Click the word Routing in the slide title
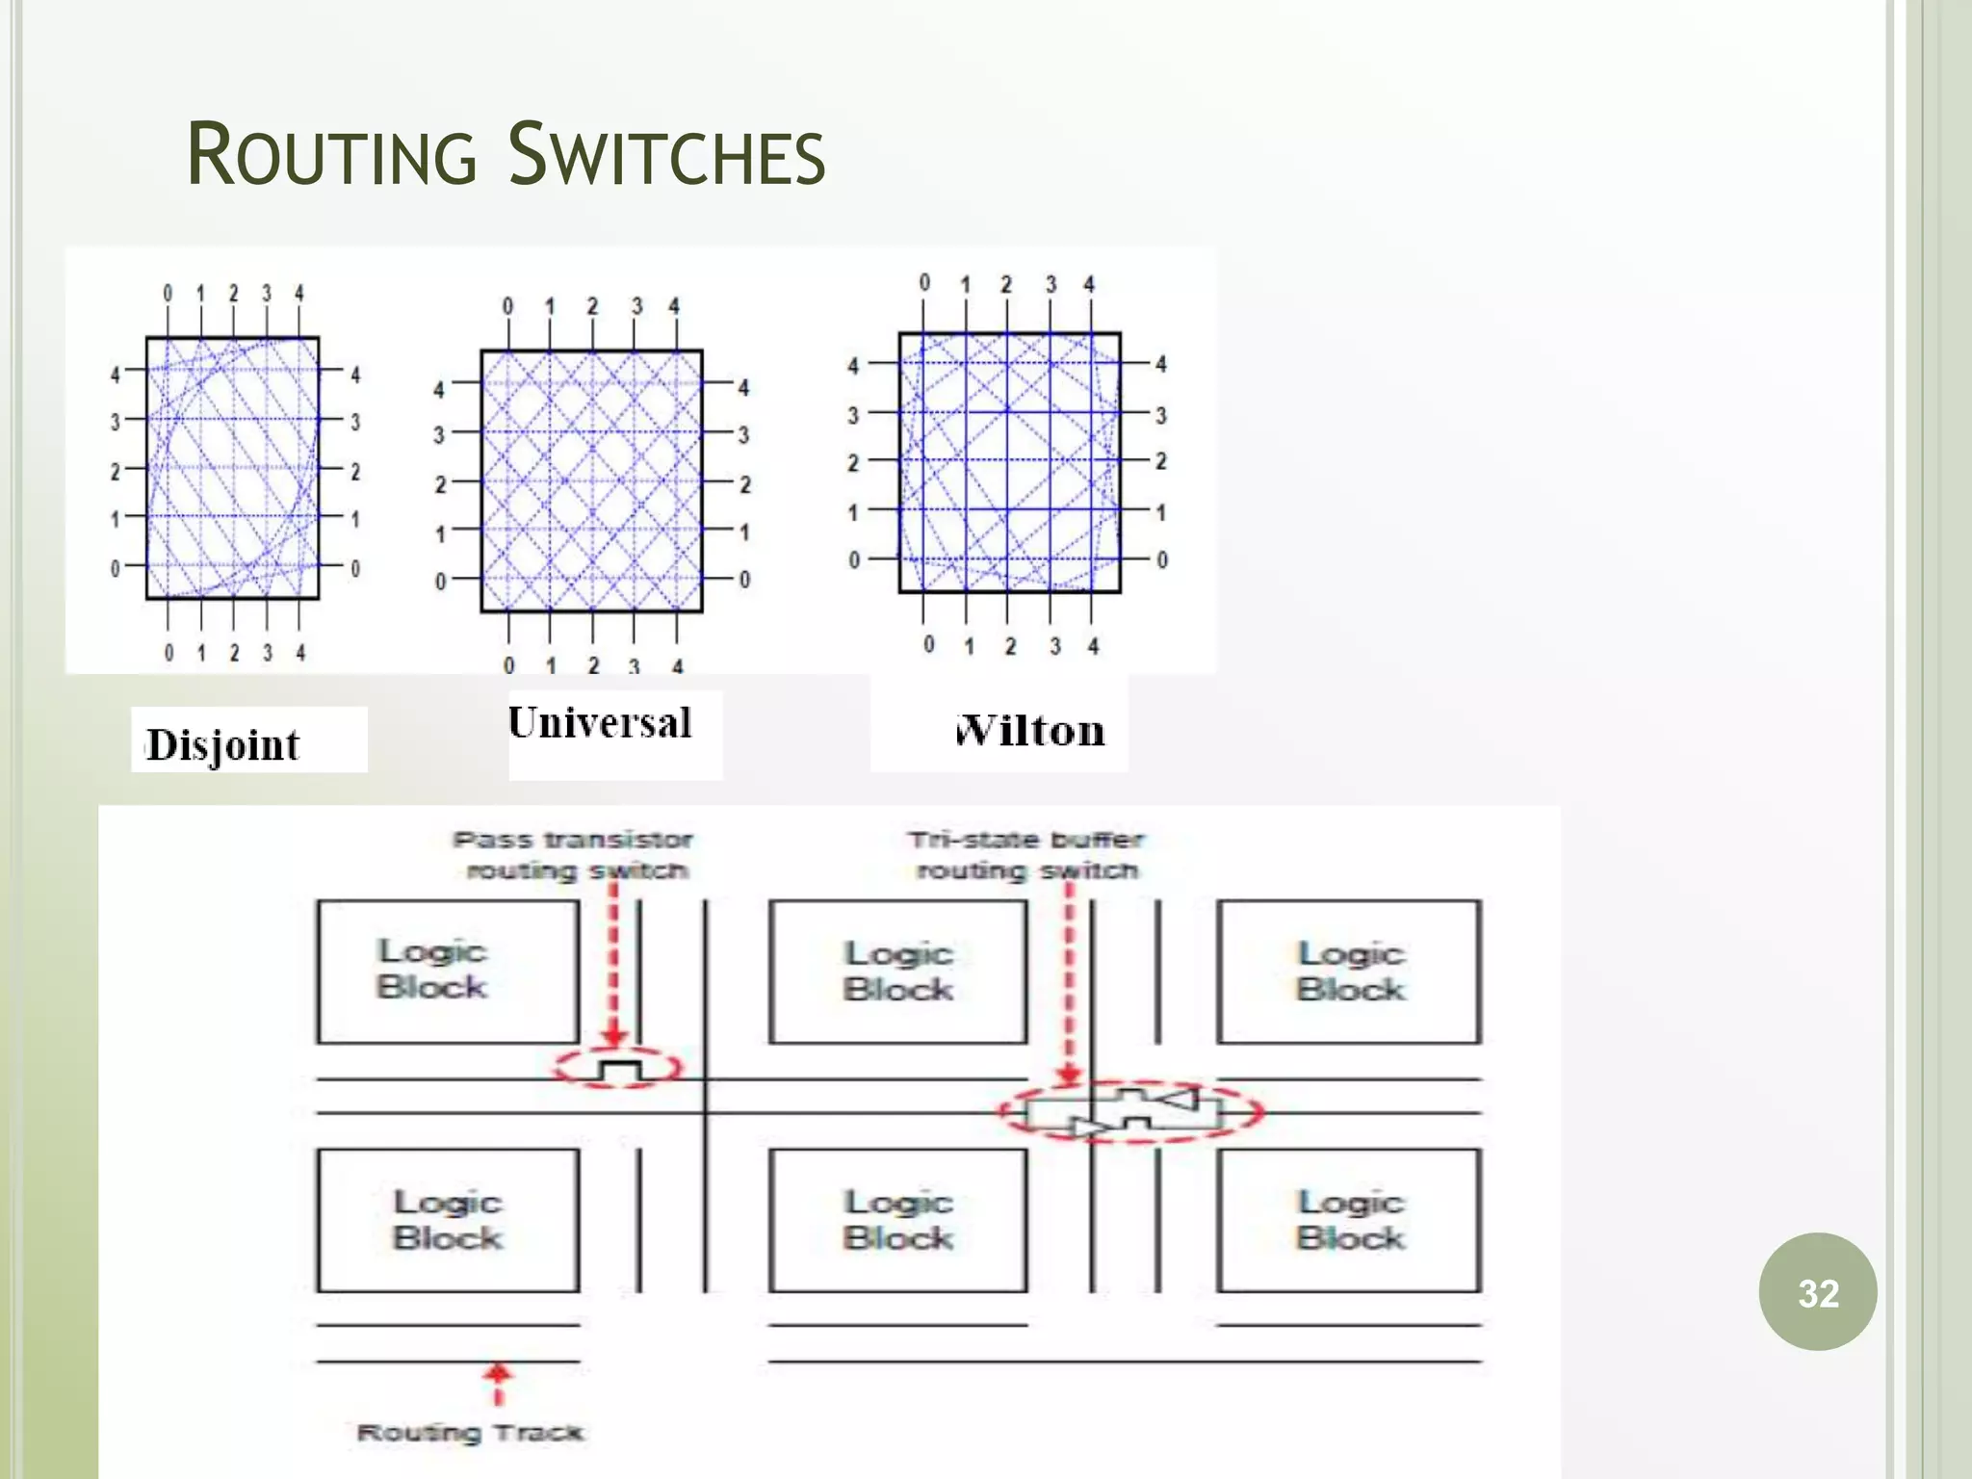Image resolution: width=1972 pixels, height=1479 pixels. click(331, 155)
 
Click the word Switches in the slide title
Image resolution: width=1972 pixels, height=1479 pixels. click(666, 155)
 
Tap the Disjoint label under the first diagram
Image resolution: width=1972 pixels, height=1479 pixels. click(223, 744)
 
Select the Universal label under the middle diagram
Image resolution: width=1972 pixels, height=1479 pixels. click(600, 723)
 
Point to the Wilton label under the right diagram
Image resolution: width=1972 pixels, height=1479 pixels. click(1029, 731)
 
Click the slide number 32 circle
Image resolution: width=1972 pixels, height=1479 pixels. click(1817, 1292)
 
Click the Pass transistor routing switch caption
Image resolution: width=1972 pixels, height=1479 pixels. click(575, 855)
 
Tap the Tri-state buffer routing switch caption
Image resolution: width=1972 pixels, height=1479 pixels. click(1026, 855)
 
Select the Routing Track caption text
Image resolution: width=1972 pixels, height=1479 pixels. click(470, 1433)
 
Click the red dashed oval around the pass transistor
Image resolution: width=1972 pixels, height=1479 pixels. click(617, 1068)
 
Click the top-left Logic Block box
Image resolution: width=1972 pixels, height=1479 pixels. click(448, 971)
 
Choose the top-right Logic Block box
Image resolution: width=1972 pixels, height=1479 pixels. click(1348, 971)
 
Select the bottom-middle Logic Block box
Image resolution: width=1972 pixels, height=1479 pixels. click(897, 1220)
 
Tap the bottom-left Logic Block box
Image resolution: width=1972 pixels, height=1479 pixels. click(448, 1220)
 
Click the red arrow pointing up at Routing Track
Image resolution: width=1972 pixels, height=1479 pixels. click(497, 1383)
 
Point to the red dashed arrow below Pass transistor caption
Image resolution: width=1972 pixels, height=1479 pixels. click(613, 963)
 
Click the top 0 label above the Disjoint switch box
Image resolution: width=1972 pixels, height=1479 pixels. click(168, 293)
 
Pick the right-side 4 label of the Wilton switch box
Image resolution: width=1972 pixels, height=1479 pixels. click(1161, 364)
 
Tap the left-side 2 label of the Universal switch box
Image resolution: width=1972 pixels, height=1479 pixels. click(440, 484)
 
